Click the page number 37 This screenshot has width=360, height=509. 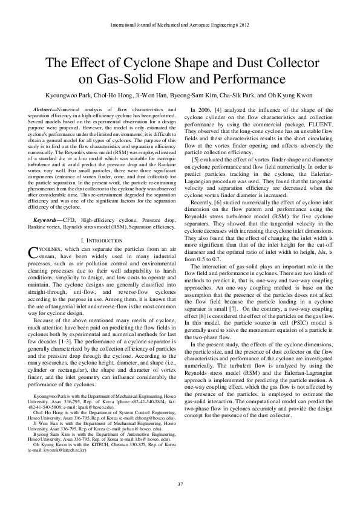pyautogui.click(x=180, y=485)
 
